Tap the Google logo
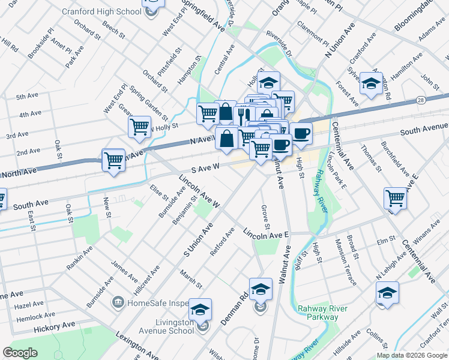pyautogui.click(x=20, y=353)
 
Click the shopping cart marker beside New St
pyautogui.click(x=113, y=160)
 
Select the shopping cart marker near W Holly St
pyautogui.click(x=139, y=127)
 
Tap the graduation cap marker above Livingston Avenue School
pyautogui.click(x=200, y=309)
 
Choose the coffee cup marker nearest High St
pyautogui.click(x=301, y=133)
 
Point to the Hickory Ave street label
pyautogui.click(x=55, y=326)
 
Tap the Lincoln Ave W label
pyautogui.click(x=200, y=191)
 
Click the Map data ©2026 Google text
pyautogui.click(x=411, y=355)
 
